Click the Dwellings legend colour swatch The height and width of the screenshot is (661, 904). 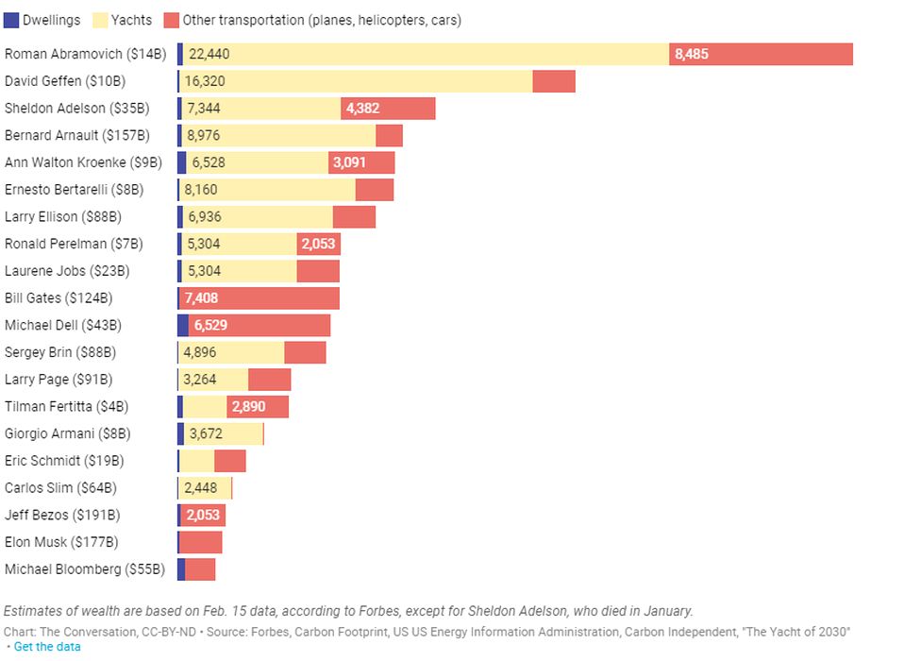pyautogui.click(x=11, y=20)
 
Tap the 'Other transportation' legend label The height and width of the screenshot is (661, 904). pyautogui.click(x=321, y=20)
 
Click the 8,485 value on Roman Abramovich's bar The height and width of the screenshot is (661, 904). pyautogui.click(x=691, y=55)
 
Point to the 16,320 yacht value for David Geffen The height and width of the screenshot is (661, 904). pyautogui.click(x=205, y=81)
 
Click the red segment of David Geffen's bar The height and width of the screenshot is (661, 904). pyautogui.click(x=554, y=81)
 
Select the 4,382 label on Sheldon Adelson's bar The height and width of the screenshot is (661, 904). pyautogui.click(x=362, y=109)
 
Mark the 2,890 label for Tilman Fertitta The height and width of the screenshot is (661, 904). pyautogui.click(x=248, y=407)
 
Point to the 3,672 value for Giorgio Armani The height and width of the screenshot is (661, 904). pyautogui.click(x=205, y=434)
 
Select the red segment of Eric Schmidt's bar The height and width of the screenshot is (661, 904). pyautogui.click(x=229, y=461)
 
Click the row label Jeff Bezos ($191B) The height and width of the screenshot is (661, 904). pyautogui.click(x=62, y=516)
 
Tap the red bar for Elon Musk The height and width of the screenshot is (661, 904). pyautogui.click(x=200, y=542)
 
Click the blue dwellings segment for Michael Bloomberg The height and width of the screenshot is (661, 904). pyautogui.click(x=180, y=569)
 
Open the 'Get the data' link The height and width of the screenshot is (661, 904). pyautogui.click(x=47, y=647)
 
